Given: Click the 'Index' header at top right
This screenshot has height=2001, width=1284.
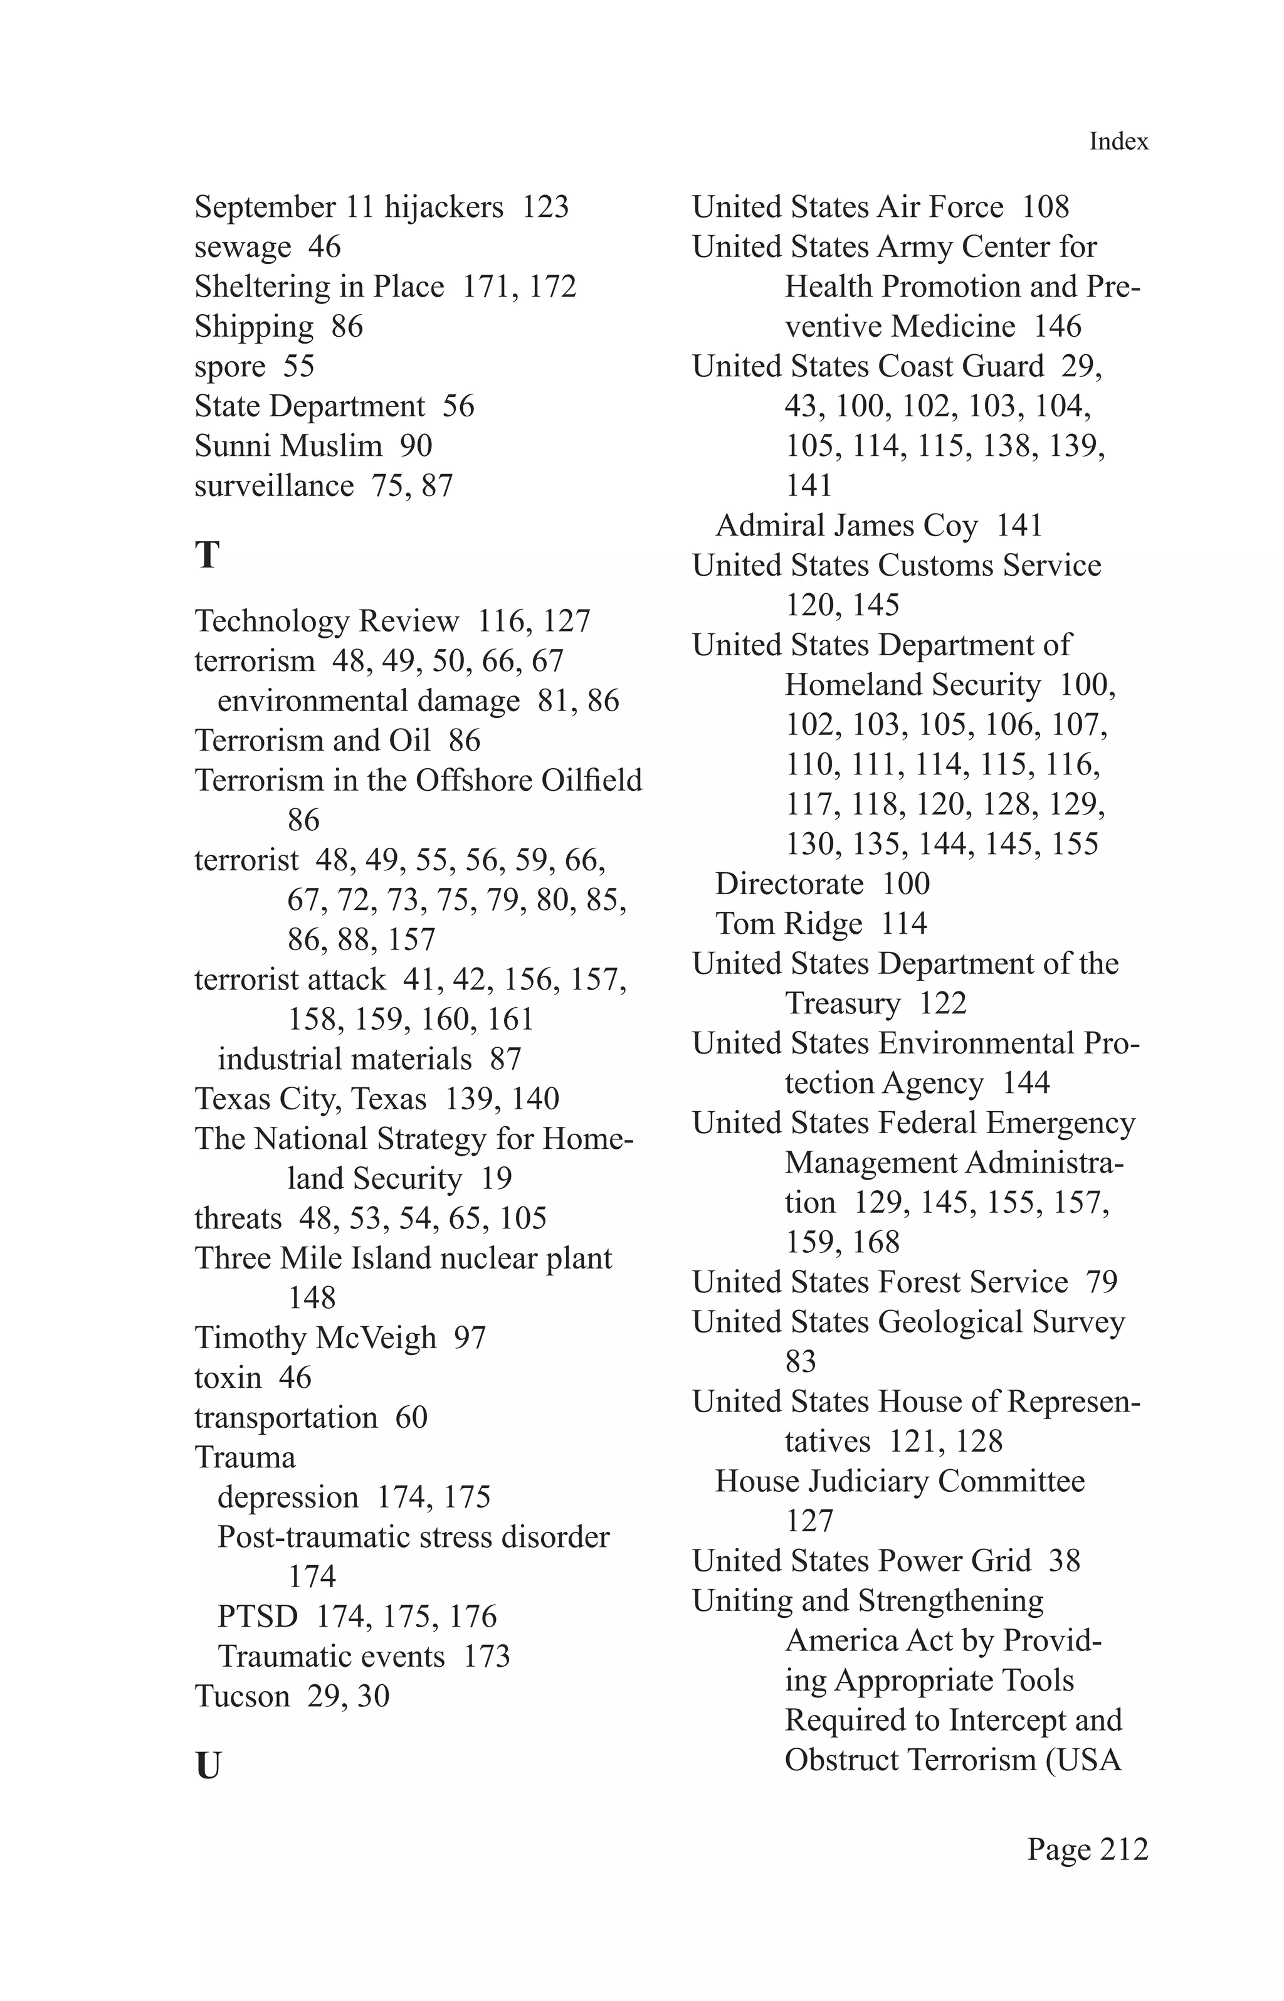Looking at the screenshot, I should point(1118,142).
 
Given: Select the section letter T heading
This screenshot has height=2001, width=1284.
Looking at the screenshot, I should point(207,556).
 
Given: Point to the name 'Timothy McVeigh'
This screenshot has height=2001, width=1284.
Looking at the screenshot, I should point(315,1338).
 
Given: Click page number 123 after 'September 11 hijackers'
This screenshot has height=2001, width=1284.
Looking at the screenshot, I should point(545,207).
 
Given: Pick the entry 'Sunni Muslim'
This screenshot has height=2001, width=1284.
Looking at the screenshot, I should point(288,446).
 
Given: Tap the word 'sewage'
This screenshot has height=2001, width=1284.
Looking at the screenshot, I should point(243,247).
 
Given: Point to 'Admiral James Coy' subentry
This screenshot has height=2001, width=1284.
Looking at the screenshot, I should point(846,526).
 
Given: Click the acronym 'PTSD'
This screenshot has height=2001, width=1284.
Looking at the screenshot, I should point(257,1617).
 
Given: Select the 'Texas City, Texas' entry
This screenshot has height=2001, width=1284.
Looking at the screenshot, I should point(310,1099).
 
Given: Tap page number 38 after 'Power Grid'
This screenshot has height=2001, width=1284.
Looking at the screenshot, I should point(1064,1561).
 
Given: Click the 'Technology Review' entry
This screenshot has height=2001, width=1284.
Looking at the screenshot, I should point(326,621).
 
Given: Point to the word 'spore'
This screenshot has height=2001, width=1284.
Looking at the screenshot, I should point(229,367).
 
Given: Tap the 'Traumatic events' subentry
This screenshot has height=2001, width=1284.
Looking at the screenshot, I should point(331,1657).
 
